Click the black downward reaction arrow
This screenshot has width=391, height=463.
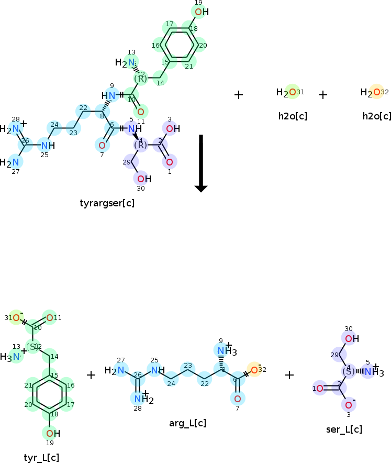pyautogui.click(x=201, y=163)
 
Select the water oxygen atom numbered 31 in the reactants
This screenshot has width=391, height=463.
pyautogui.click(x=292, y=93)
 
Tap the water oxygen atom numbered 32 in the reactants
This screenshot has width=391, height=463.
pyautogui.click(x=376, y=93)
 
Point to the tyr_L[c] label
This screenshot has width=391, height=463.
pyautogui.click(x=41, y=457)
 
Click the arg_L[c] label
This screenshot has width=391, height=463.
pyautogui.click(x=187, y=423)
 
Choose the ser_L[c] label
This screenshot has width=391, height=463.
pyautogui.click(x=344, y=429)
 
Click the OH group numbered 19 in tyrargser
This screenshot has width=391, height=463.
pyautogui.click(x=200, y=12)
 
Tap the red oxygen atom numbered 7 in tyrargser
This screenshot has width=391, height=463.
pyautogui.click(x=102, y=145)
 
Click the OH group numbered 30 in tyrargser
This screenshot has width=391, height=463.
pyautogui.click(x=143, y=179)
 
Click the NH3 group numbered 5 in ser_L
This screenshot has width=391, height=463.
pyautogui.click(x=372, y=372)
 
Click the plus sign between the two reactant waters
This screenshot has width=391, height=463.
pyautogui.click(x=323, y=95)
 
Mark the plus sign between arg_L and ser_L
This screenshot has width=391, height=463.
pyautogui.click(x=289, y=374)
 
